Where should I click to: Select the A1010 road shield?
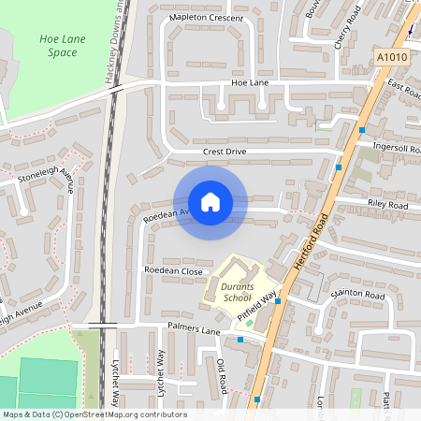point(393,58)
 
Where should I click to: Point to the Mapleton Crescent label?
point(206,18)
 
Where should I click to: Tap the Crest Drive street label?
point(224,152)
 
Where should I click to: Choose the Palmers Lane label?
point(194,330)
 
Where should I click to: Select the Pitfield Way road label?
point(258,306)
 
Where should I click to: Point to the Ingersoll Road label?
point(398,148)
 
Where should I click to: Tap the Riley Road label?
point(388,205)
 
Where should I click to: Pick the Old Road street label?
point(222,375)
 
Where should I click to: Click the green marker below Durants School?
point(249,323)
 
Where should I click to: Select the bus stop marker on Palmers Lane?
point(240,340)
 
